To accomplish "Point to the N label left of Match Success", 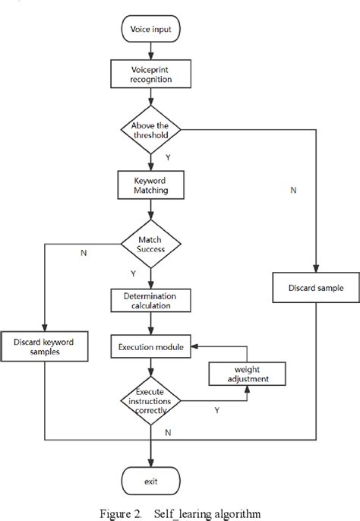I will pyautogui.click(x=83, y=253).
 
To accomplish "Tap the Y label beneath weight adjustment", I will pyautogui.click(x=217, y=409).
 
